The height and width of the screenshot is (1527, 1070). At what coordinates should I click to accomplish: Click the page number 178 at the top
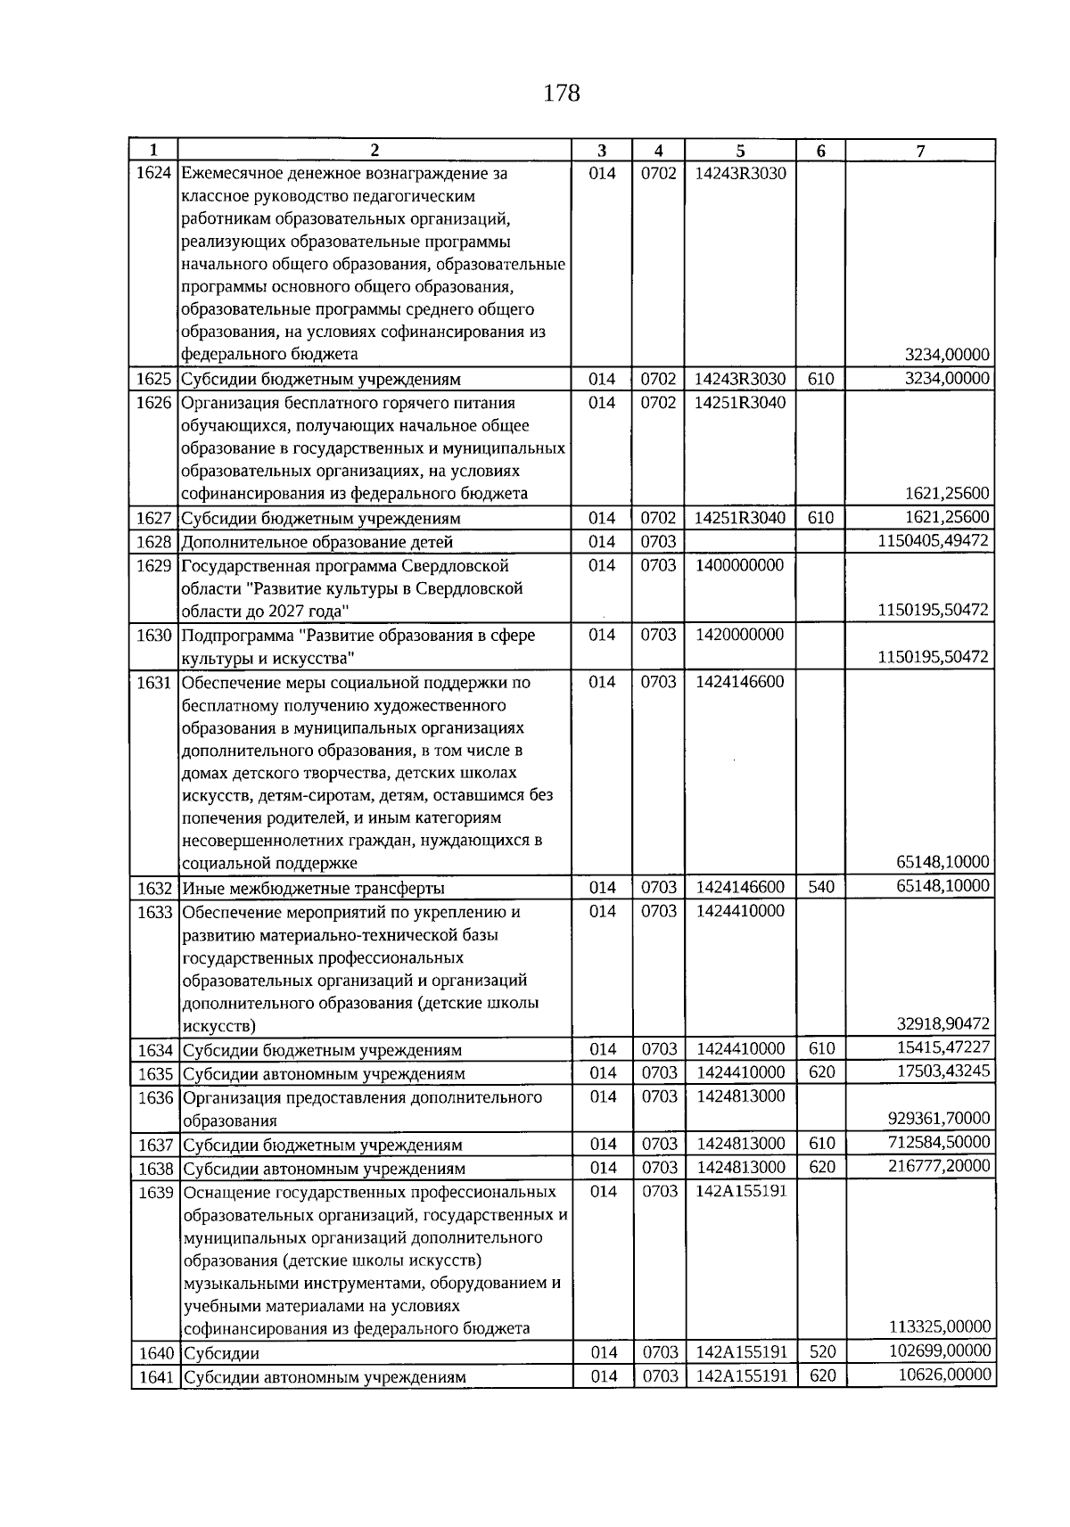[561, 93]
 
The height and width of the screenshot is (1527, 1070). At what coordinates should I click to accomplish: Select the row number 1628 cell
[153, 542]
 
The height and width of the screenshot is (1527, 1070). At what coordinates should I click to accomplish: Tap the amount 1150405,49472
[934, 541]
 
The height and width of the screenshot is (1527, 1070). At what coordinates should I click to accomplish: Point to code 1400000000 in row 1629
[740, 565]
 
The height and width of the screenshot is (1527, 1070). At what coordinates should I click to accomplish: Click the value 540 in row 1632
[820, 887]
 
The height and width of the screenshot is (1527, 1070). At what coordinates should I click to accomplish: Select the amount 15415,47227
[943, 1047]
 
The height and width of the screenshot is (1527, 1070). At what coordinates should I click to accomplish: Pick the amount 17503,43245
[943, 1071]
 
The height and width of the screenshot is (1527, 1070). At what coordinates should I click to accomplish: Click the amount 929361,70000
[940, 1118]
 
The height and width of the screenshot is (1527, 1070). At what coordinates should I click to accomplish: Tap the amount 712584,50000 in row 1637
[940, 1143]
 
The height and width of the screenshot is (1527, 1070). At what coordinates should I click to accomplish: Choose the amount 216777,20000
[940, 1166]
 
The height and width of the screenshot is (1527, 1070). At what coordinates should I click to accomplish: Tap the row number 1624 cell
[153, 173]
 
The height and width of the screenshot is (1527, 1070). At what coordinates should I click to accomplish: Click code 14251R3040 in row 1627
[740, 518]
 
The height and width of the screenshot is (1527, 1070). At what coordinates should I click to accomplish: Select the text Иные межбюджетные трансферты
[313, 888]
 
